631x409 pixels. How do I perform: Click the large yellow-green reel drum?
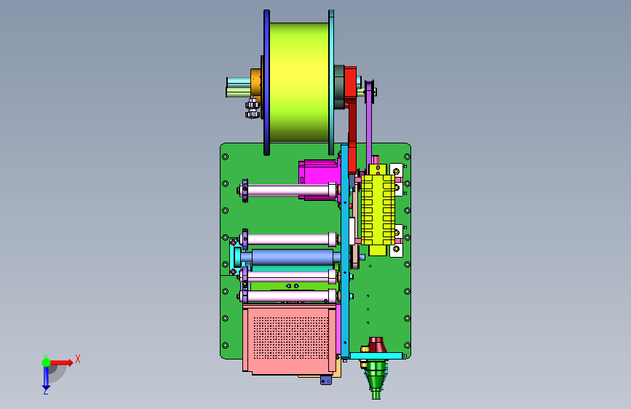[x=298, y=82]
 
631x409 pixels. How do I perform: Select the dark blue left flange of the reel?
[x=266, y=82]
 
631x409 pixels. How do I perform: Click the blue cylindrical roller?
[x=293, y=257]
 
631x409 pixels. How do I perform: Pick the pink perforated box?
[x=290, y=338]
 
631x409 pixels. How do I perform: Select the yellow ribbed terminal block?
[x=378, y=210]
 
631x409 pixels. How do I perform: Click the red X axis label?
[x=78, y=359]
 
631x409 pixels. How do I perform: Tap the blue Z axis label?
[x=46, y=391]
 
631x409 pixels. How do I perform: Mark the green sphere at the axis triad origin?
[x=47, y=362]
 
